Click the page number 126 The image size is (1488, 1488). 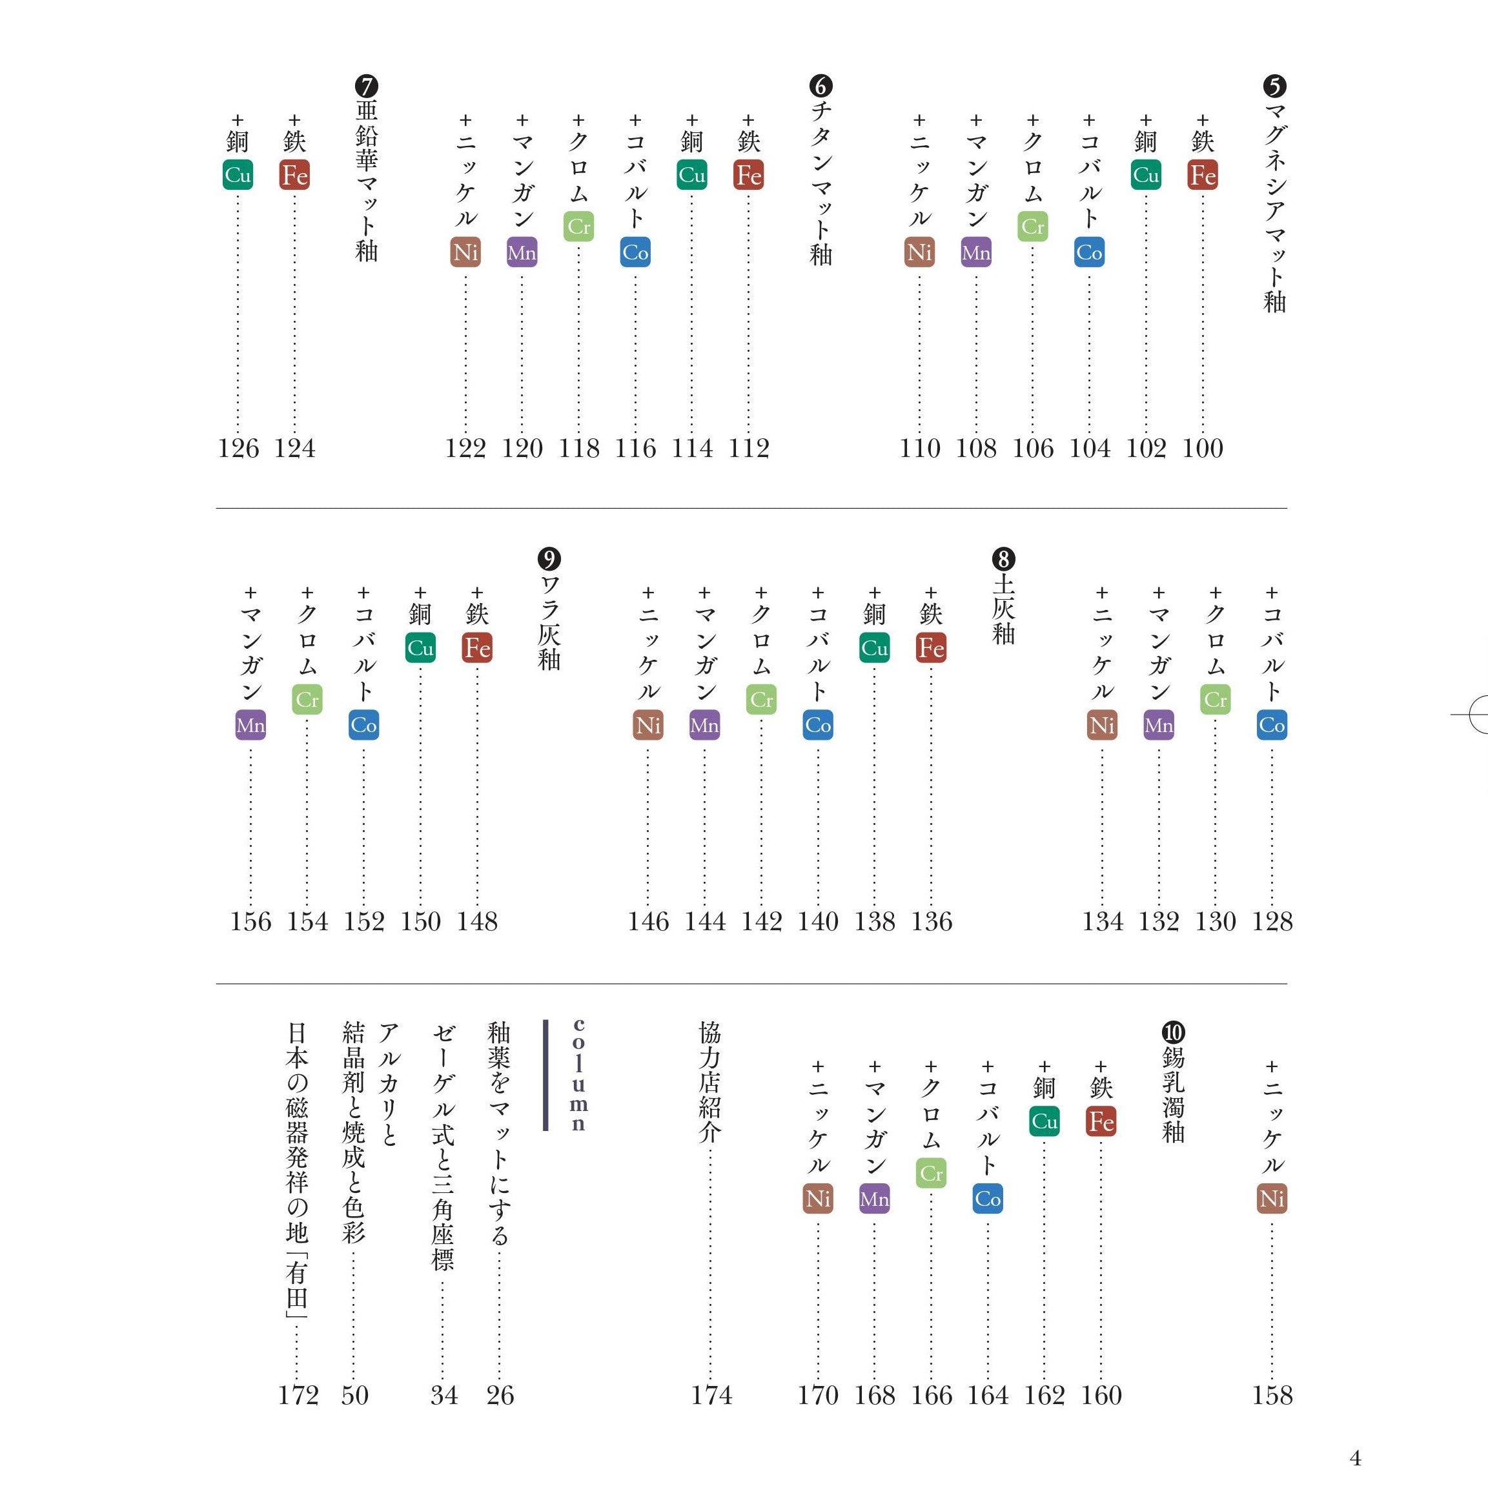pos(238,448)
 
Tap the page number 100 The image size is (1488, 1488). pos(1202,448)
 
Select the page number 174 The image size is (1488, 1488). pos(711,1395)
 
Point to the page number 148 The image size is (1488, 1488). pos(477,921)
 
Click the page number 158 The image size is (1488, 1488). pos(1272,1395)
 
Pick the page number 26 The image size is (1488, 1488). pos(500,1395)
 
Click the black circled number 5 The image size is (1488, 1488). pos(1275,85)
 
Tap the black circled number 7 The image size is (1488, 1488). pos(367,85)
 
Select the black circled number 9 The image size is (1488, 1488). pos(549,558)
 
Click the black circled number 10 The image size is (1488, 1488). pos(1173,1032)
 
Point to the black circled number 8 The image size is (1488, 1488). pos(1004,558)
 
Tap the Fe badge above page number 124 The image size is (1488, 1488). pos(294,176)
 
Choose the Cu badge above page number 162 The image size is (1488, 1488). pos(1045,1121)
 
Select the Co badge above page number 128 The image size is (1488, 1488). pos(1272,726)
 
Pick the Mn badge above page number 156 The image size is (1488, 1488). pos(250,726)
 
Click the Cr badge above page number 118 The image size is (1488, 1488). pos(578,227)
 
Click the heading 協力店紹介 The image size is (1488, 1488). pos(709,1081)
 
